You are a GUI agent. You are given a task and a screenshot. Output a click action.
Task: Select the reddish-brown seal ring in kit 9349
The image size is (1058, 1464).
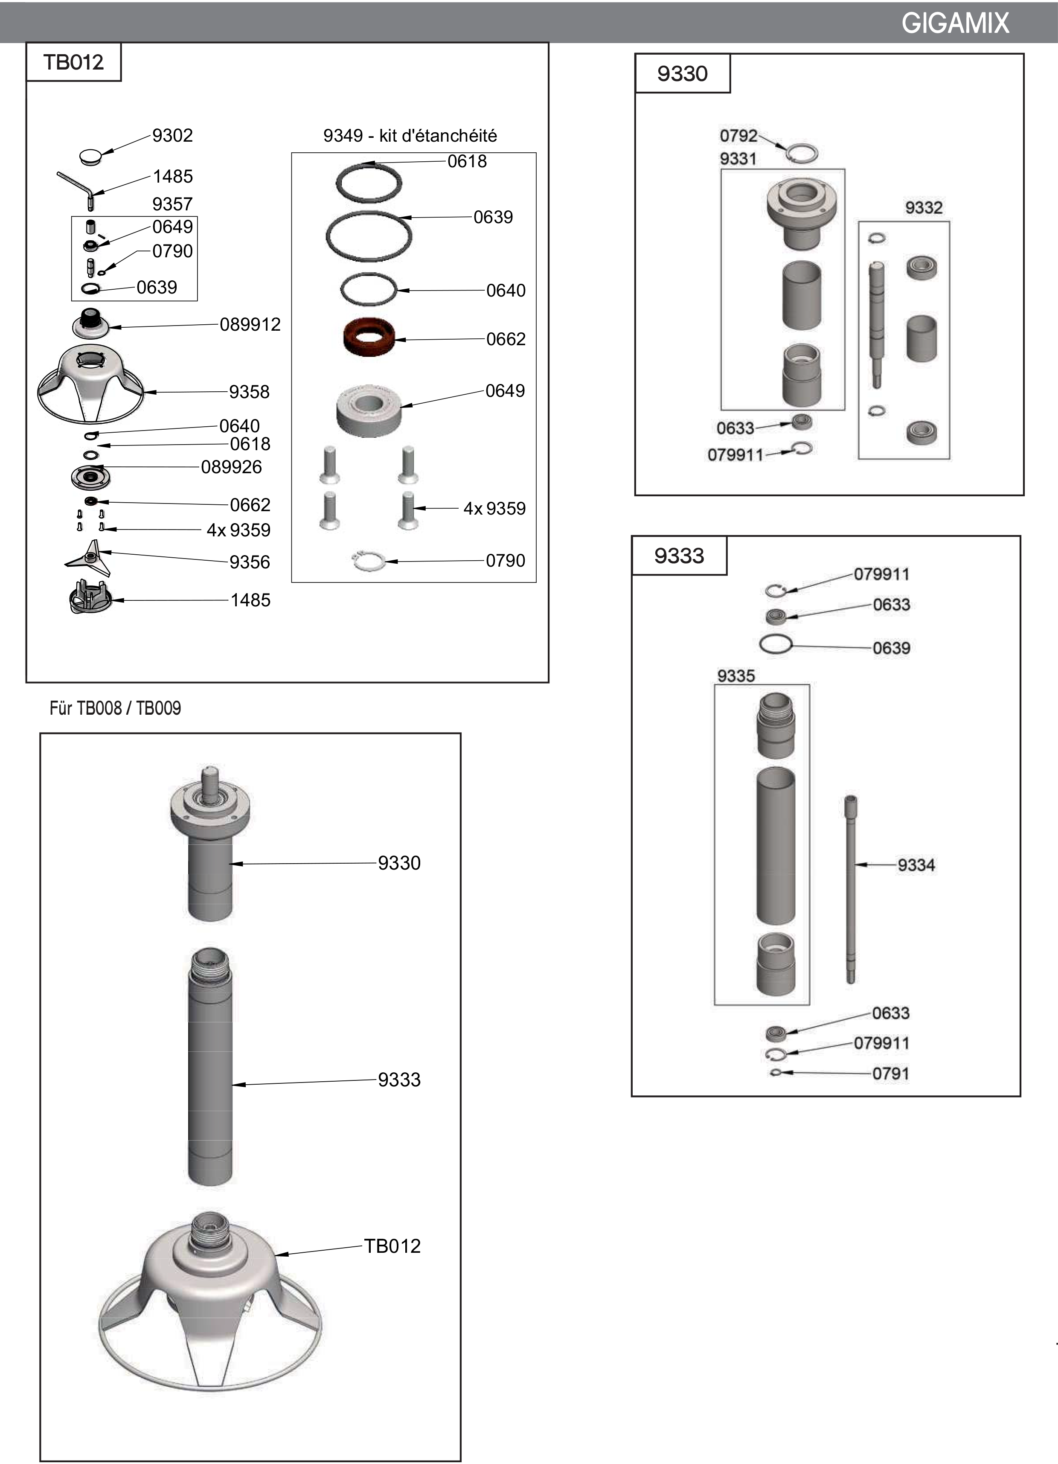coord(369,336)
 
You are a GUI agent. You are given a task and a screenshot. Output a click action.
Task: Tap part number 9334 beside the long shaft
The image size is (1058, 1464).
coord(916,865)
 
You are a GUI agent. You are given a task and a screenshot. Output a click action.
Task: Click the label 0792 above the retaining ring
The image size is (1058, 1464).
coord(738,136)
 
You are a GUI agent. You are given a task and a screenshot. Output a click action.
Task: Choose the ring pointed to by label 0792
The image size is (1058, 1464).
coord(802,153)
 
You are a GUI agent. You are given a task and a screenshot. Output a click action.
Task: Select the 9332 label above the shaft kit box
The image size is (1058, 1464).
coord(923,208)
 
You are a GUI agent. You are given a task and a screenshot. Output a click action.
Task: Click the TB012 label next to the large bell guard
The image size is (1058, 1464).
coord(392,1246)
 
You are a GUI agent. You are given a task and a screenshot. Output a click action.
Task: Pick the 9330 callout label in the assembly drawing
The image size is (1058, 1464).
coord(399,863)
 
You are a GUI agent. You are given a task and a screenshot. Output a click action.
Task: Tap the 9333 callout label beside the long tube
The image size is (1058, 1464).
coord(399,1079)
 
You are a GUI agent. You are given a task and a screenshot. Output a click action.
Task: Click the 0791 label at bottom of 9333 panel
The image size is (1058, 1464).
coord(890,1074)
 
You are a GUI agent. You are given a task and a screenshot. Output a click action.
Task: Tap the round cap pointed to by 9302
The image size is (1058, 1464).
coord(91,156)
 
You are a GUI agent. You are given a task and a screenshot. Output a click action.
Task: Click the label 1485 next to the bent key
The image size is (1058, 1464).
coord(171,176)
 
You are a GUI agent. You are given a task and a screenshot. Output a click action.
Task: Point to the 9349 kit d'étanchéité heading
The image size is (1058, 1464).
coord(403,136)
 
